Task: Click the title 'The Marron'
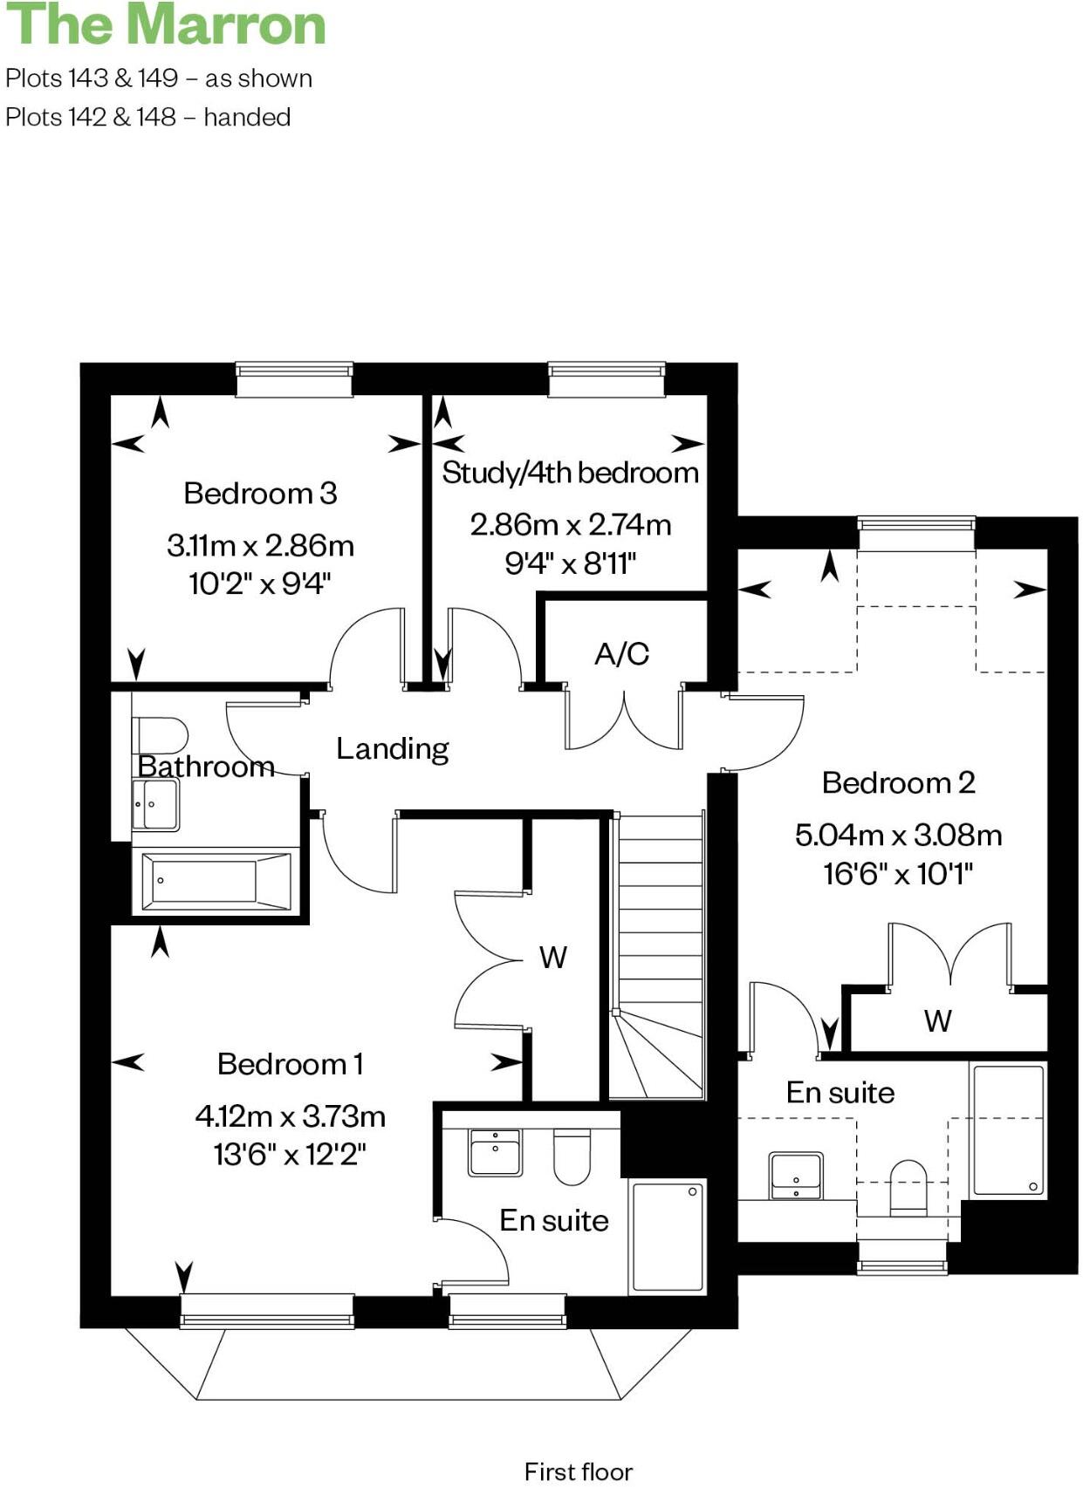pos(166,24)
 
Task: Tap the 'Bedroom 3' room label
pos(260,494)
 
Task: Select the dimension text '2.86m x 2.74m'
pos(571,525)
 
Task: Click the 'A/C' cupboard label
pos(621,654)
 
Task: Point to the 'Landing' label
pos(393,748)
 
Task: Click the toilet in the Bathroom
pos(160,735)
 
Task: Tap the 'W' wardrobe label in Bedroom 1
pos(553,958)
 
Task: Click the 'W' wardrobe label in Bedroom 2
pos(938,1020)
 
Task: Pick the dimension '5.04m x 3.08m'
pos(898,836)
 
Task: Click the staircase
pos(660,951)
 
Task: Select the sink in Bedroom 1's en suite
pos(495,1152)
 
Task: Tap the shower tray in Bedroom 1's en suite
pos(668,1236)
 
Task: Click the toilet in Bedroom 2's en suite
pos(908,1187)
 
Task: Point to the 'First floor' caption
pos(578,1471)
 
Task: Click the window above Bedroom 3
pos(295,380)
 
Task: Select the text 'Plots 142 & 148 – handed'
pos(148,117)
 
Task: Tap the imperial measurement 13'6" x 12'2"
pos(290,1155)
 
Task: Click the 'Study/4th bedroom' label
pos(571,473)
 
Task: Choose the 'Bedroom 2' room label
pos(898,783)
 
